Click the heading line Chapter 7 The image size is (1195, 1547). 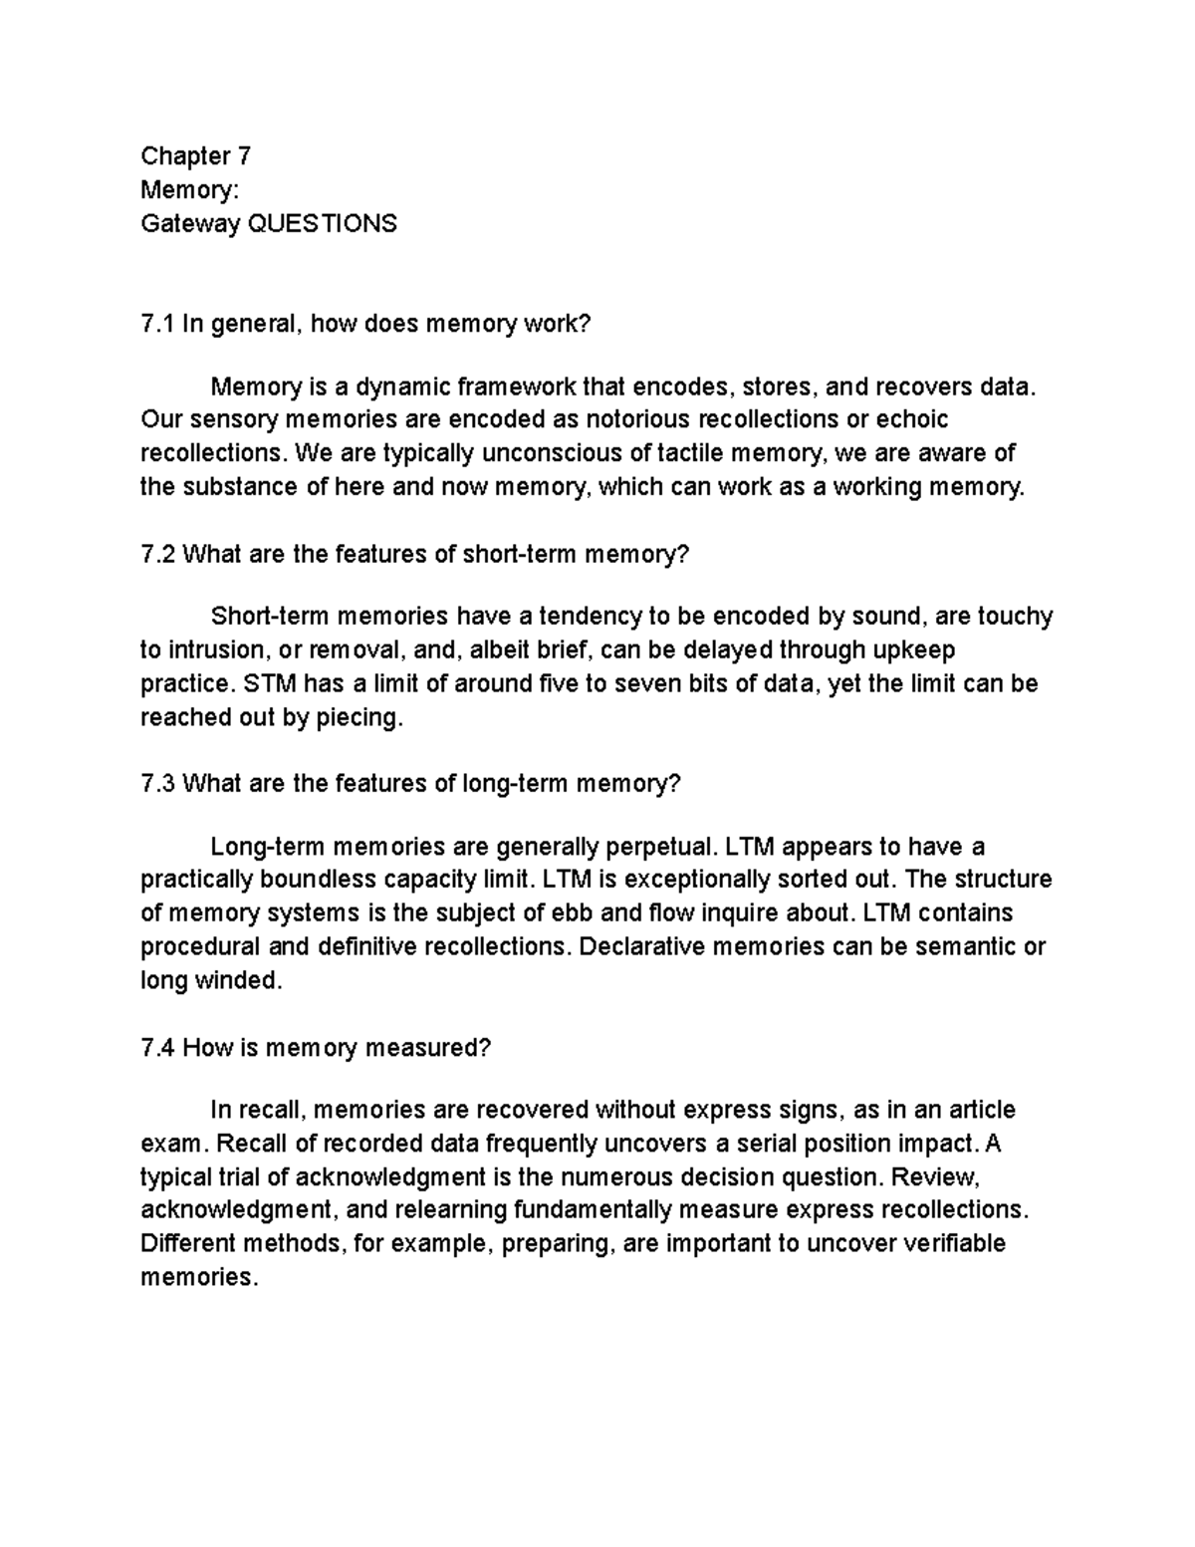(195, 156)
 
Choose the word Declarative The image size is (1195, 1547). (640, 946)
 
